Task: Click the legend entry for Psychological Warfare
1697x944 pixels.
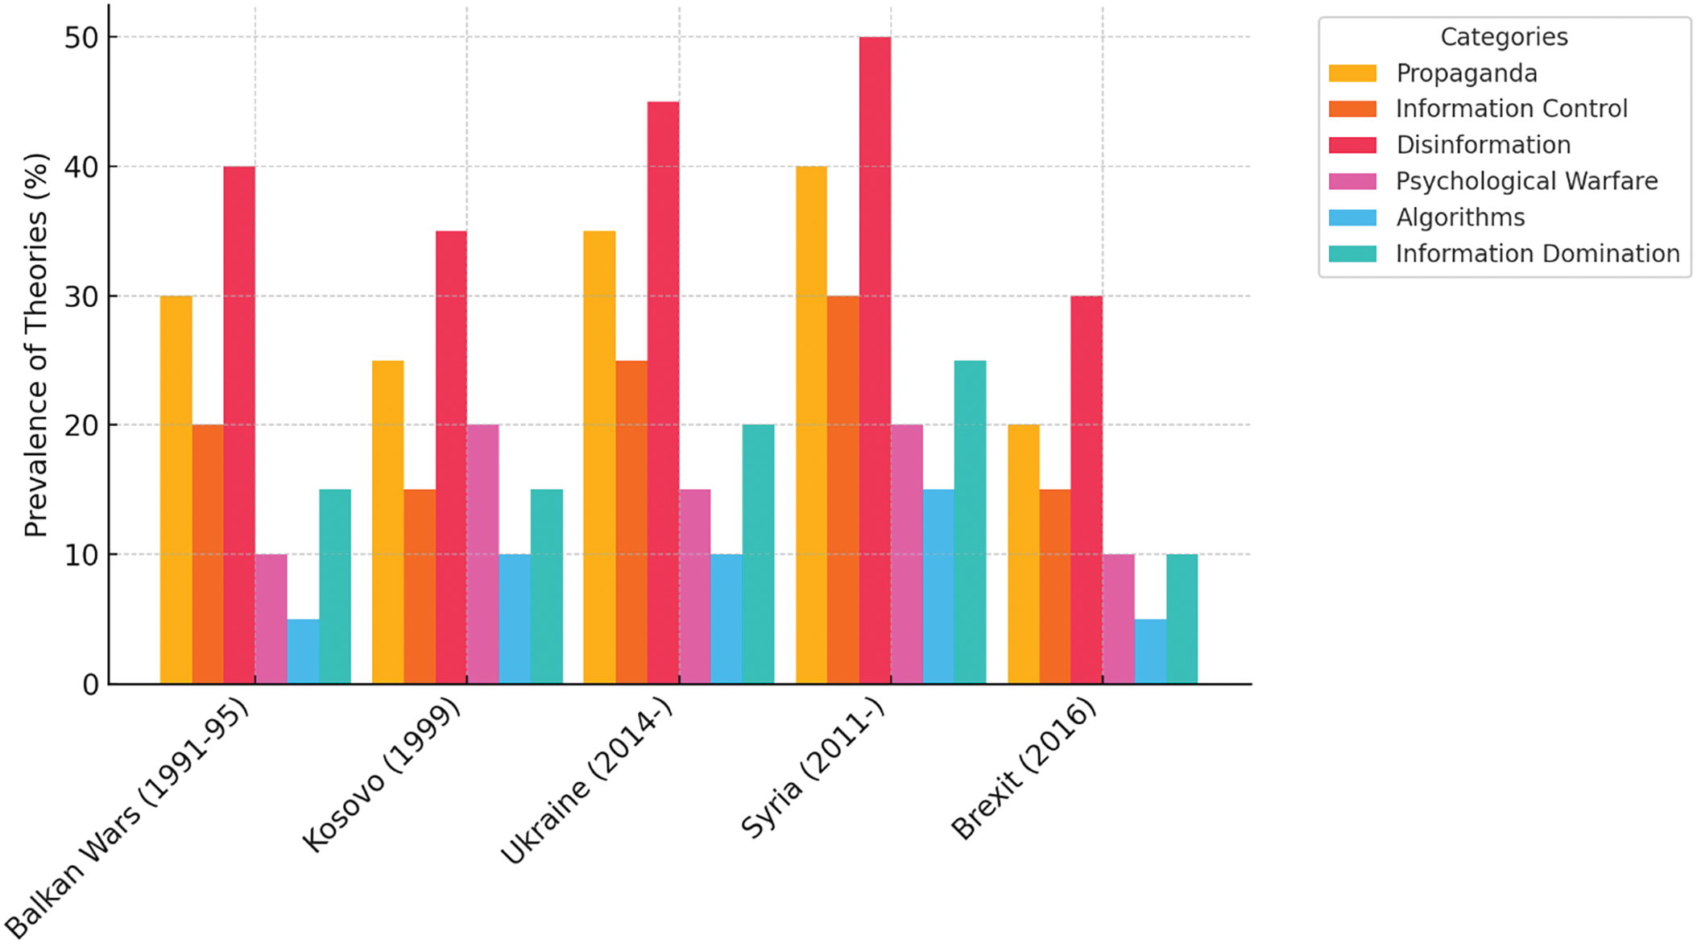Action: tap(1526, 181)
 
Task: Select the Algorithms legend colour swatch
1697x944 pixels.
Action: tap(1352, 217)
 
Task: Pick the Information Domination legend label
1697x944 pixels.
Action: tap(1538, 254)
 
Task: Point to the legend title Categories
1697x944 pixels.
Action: tap(1504, 37)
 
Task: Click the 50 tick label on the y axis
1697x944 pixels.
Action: tap(81, 38)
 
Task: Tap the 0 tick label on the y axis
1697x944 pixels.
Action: tap(90, 685)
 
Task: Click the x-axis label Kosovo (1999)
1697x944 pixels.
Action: tap(381, 775)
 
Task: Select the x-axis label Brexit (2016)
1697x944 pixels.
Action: tap(1024, 769)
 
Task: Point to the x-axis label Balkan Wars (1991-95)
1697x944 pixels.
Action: tap(127, 818)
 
